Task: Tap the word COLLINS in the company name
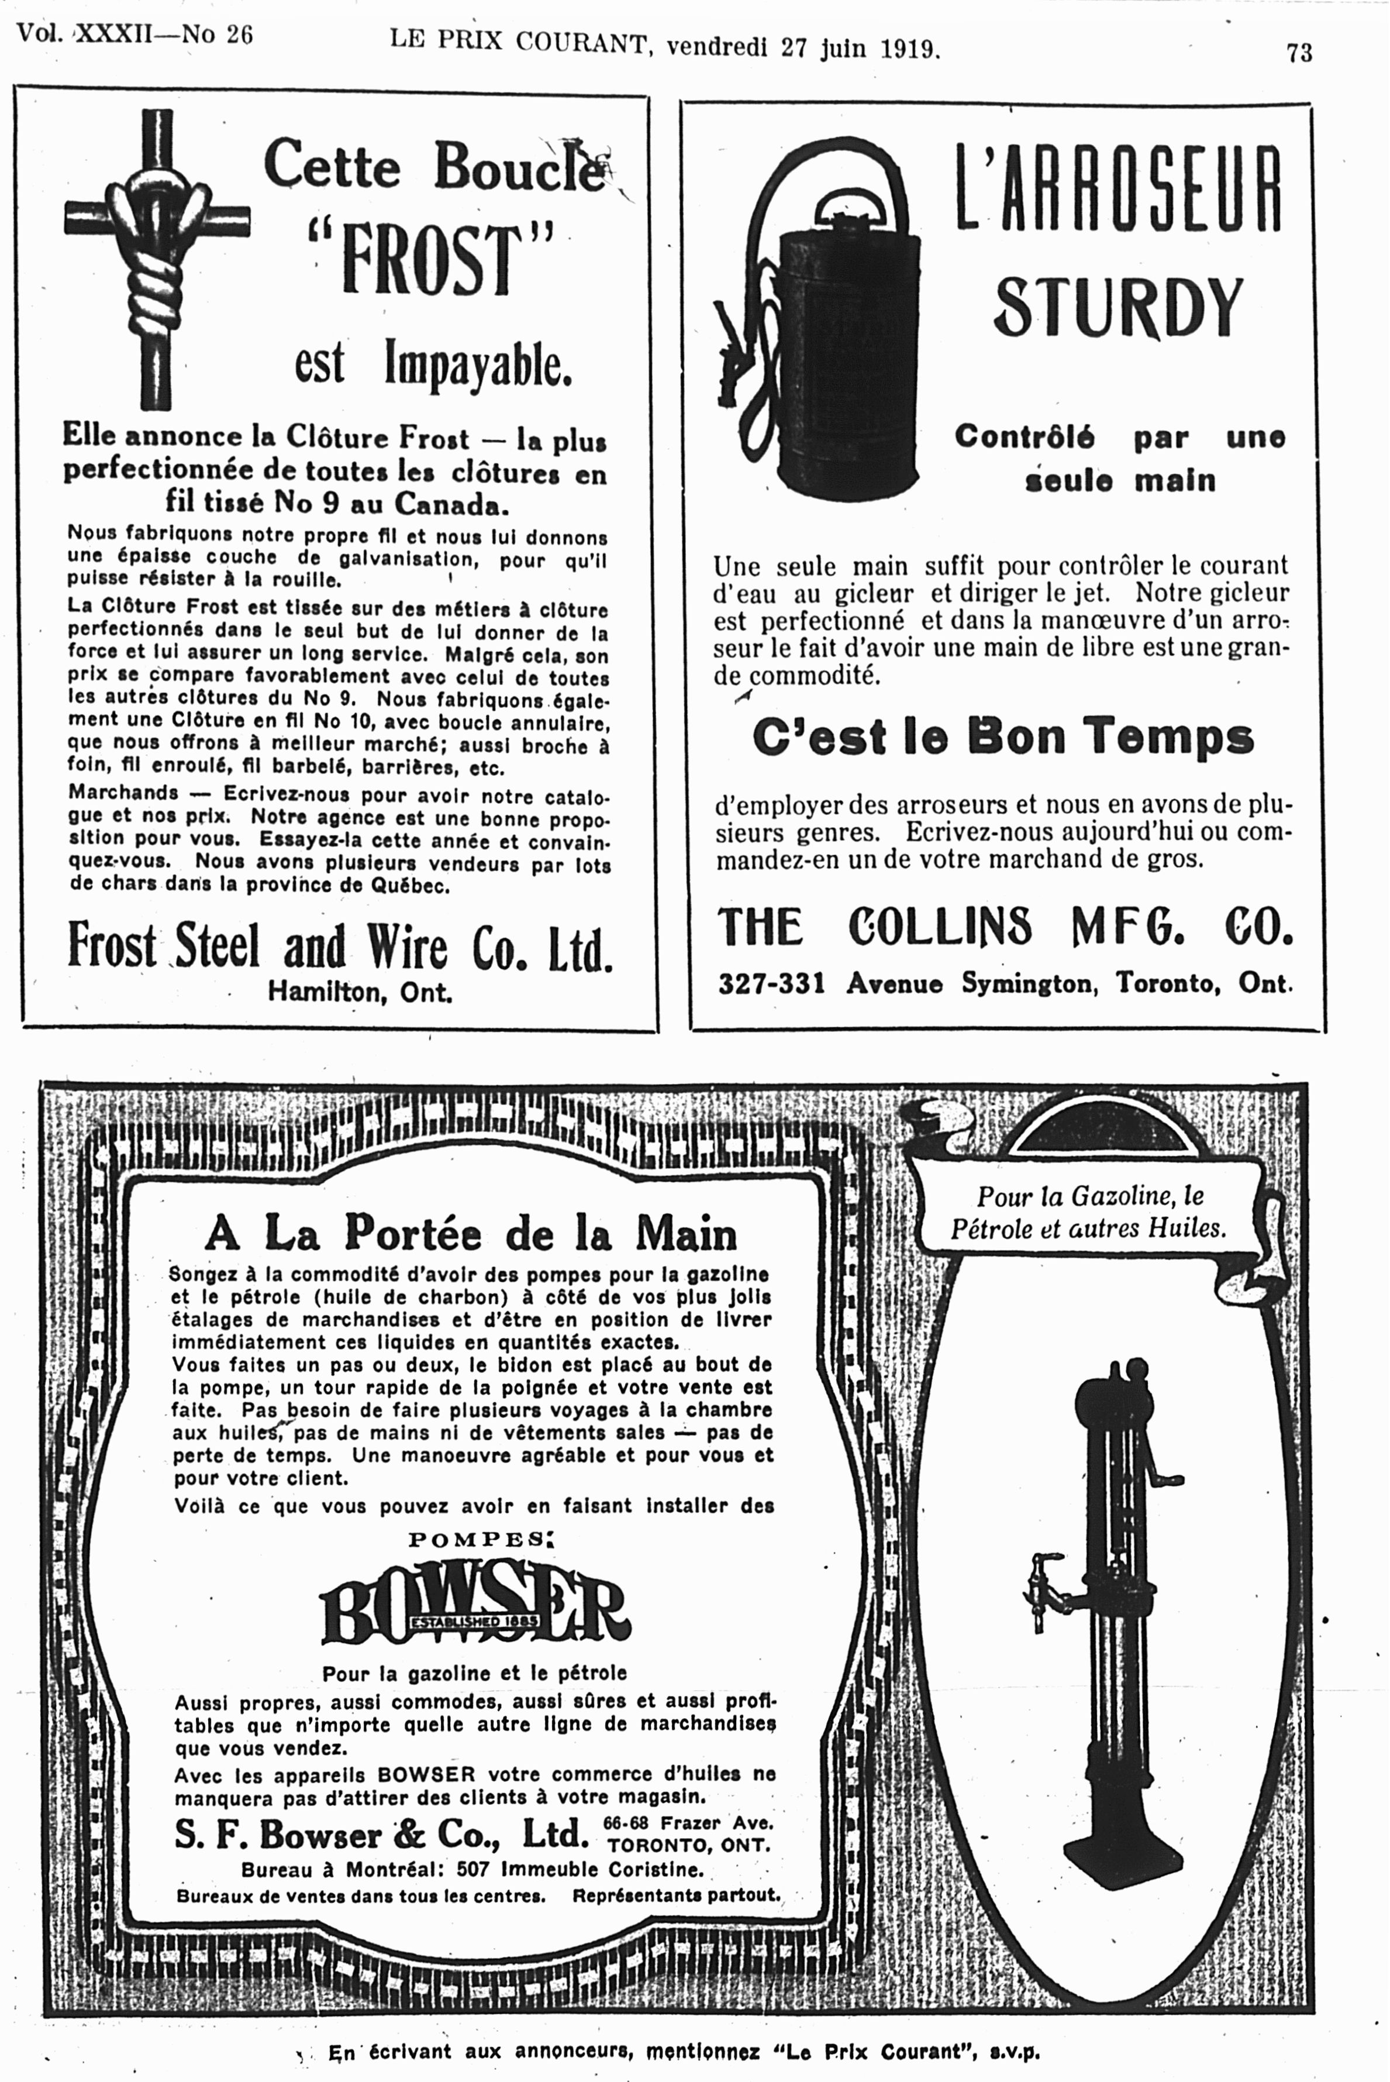[x=940, y=927]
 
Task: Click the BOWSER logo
[x=474, y=1612]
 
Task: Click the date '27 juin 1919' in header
[x=857, y=47]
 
